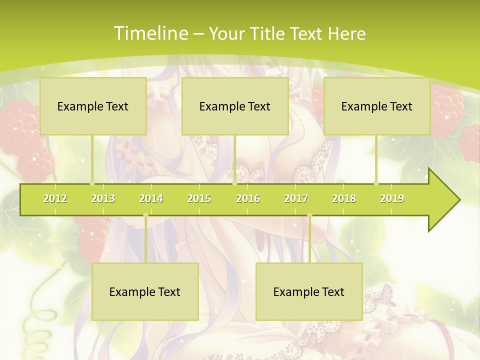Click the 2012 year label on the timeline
55,198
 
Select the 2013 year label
103,198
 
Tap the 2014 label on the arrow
151,198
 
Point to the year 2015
199,198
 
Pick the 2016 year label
248,198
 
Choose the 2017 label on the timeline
296,198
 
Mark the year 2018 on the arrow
344,198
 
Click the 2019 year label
392,198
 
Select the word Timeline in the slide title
150,33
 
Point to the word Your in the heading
226,33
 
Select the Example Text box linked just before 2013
93,106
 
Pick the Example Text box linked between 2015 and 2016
235,106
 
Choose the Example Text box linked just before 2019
377,106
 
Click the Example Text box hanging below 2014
145,291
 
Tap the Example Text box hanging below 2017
309,291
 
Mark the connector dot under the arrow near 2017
309,215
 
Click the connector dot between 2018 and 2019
376,183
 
